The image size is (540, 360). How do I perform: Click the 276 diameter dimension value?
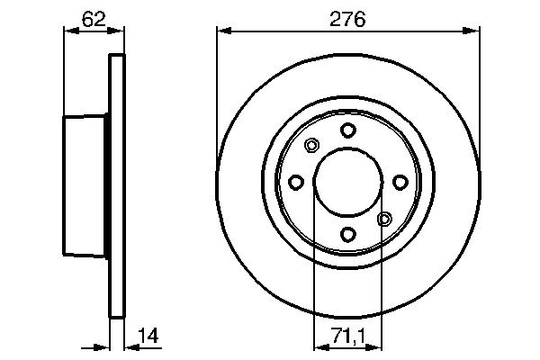coord(347,18)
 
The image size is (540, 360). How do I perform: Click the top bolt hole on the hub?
coord(347,130)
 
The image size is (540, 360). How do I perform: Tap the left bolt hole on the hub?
coord(296,183)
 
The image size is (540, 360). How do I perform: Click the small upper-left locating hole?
coord(311,146)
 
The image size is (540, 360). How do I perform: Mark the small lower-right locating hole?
coord(384,219)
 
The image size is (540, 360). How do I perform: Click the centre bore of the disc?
coord(347,183)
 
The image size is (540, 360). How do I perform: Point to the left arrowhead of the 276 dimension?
coord(223,32)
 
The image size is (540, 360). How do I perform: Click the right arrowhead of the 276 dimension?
coord(472,32)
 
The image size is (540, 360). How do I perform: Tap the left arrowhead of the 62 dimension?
coord(67,32)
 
